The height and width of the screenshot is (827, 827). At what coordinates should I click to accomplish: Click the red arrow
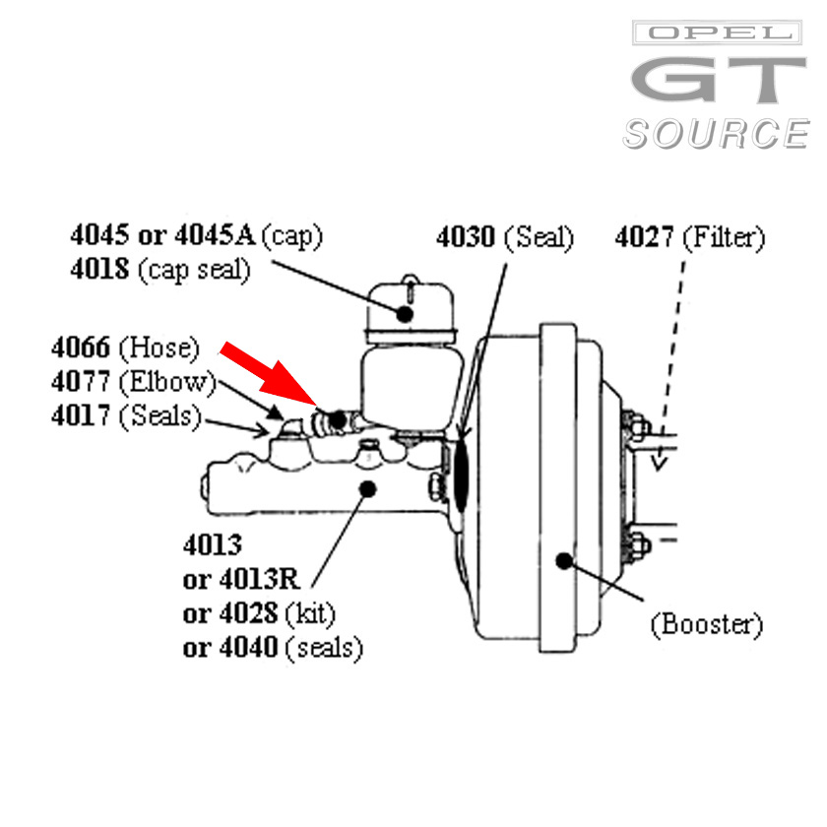tap(269, 375)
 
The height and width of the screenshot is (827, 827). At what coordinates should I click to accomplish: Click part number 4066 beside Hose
tap(81, 348)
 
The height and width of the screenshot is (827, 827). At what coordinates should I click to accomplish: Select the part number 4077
tap(81, 381)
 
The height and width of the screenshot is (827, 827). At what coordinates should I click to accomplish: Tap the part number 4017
tap(81, 415)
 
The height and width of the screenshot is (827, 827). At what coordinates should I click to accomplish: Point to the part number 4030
tap(466, 237)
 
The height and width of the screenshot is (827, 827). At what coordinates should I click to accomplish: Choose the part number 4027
tap(644, 237)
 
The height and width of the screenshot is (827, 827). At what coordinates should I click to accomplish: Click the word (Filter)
tap(724, 238)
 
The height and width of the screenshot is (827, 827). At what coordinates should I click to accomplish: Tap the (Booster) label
tap(707, 625)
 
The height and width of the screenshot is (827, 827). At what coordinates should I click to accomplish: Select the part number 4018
tap(99, 269)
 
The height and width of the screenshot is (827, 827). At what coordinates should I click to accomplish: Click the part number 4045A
tap(216, 234)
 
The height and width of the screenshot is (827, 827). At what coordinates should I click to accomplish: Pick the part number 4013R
tap(260, 579)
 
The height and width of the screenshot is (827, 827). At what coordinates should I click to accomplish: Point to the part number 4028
tap(248, 613)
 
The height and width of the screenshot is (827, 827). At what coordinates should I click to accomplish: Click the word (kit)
tap(310, 614)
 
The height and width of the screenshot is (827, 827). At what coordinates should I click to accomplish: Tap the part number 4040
tap(248, 647)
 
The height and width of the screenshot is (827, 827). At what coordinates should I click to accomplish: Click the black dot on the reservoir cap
tap(405, 314)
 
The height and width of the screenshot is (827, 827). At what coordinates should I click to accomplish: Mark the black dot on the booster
tap(564, 560)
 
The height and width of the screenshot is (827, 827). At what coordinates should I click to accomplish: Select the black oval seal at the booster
tap(461, 477)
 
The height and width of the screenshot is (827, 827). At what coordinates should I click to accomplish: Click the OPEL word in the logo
tap(718, 32)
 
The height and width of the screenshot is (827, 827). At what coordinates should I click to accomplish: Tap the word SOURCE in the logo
tap(716, 134)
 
